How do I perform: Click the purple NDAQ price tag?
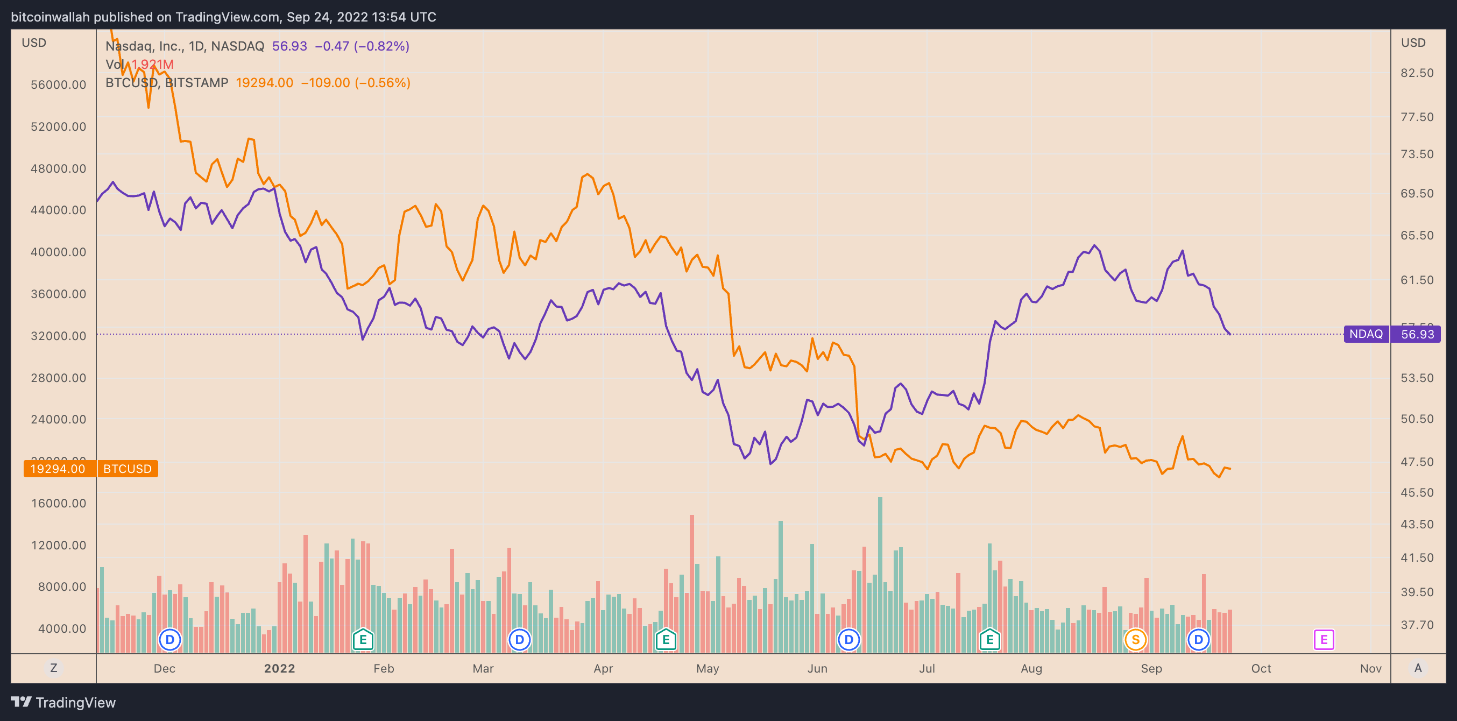point(1366,334)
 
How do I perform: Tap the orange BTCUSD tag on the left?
point(128,469)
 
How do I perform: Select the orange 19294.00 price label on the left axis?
point(58,469)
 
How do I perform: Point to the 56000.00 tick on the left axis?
point(58,85)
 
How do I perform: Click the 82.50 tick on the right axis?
point(1417,73)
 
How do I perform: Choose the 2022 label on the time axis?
point(279,668)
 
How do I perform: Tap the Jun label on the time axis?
point(817,668)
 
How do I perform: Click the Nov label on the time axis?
point(1370,668)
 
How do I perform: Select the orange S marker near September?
point(1135,640)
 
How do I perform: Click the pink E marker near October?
point(1324,640)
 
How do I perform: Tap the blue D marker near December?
point(169,640)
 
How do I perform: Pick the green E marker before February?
point(363,640)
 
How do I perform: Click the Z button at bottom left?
point(54,668)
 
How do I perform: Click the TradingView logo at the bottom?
point(63,702)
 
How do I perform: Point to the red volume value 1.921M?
point(153,65)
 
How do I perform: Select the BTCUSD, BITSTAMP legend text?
point(167,82)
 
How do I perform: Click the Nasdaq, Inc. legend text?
point(185,46)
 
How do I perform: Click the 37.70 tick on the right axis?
point(1417,625)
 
